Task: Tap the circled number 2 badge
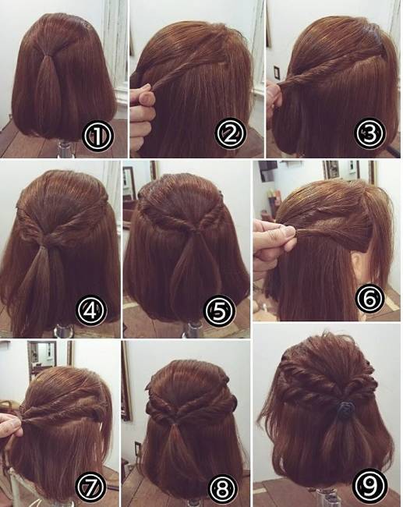pyautogui.click(x=230, y=134)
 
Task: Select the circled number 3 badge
pyautogui.click(x=370, y=133)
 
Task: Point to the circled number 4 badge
pyautogui.click(x=91, y=311)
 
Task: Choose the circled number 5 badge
pyautogui.click(x=219, y=311)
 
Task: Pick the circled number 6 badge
pyautogui.click(x=370, y=299)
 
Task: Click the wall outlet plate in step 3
pyautogui.click(x=277, y=73)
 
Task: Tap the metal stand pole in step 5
pyautogui.click(x=193, y=329)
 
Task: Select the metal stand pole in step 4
pyautogui.click(x=64, y=331)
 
